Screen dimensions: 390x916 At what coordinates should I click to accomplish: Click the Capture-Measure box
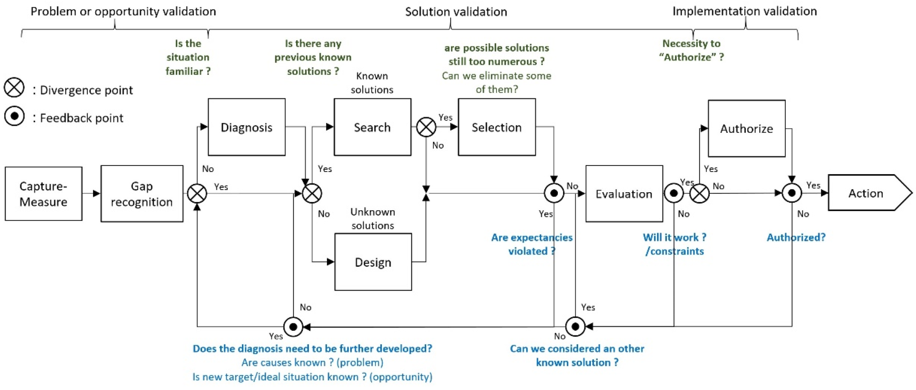click(x=43, y=194)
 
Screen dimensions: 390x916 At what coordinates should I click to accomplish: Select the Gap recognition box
click(x=142, y=194)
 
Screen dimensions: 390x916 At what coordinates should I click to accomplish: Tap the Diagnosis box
click(x=246, y=127)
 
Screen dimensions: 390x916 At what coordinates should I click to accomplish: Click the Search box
click(x=372, y=127)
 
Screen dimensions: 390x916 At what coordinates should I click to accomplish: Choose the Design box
click(x=373, y=262)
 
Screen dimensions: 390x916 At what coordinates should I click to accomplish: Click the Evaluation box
click(x=624, y=194)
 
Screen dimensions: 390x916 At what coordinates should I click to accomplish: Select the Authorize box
click(x=746, y=128)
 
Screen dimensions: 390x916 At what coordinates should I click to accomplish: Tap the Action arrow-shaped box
click(x=865, y=193)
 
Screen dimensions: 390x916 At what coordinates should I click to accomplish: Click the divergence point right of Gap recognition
click(x=197, y=194)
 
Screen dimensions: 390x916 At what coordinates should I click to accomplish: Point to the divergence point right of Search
click(x=426, y=127)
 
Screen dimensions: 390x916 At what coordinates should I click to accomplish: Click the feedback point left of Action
click(x=791, y=193)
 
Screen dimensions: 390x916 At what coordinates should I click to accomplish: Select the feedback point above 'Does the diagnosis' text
click(x=293, y=327)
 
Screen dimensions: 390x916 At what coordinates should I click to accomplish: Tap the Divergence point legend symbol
click(x=14, y=88)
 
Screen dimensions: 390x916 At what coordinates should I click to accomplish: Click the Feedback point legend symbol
click(x=14, y=116)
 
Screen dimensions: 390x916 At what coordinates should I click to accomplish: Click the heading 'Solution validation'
click(x=456, y=12)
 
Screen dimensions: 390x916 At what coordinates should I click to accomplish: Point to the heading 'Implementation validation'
click(x=745, y=11)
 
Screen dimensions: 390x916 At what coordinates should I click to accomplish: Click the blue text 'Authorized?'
click(x=796, y=237)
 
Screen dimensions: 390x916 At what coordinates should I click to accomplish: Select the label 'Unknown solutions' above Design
click(x=373, y=219)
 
